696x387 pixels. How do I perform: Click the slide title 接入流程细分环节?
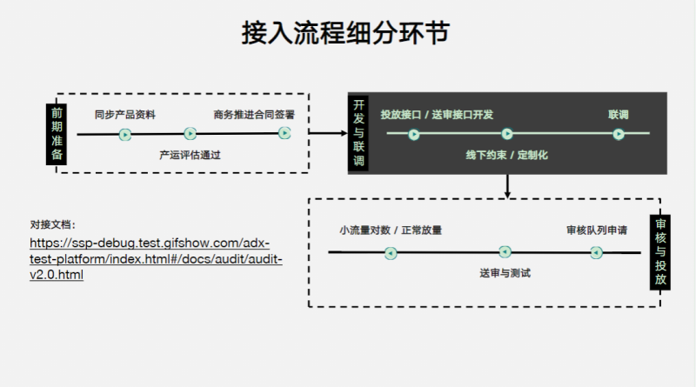pos(346,34)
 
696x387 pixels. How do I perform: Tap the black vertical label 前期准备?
pos(57,133)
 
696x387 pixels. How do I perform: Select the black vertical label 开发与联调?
pos(358,133)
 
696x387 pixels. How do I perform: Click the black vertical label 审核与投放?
pos(659,251)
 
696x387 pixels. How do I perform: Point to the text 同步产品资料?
pos(125,115)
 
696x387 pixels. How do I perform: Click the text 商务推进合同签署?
pos(254,115)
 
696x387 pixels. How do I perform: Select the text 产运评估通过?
pos(190,155)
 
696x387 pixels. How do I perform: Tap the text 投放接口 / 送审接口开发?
pos(437,115)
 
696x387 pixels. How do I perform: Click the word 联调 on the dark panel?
pos(618,115)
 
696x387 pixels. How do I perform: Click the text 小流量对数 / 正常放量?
pos(391,231)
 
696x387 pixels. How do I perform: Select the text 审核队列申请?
pos(596,231)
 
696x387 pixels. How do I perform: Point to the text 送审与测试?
pos(505,273)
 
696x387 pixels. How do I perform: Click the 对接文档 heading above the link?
pos(53,224)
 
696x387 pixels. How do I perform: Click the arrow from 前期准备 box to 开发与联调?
pos(327,133)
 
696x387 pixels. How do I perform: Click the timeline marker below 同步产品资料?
pos(125,134)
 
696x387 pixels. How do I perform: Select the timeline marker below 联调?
pos(618,134)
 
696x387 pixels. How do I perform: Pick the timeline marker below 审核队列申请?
pos(596,252)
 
